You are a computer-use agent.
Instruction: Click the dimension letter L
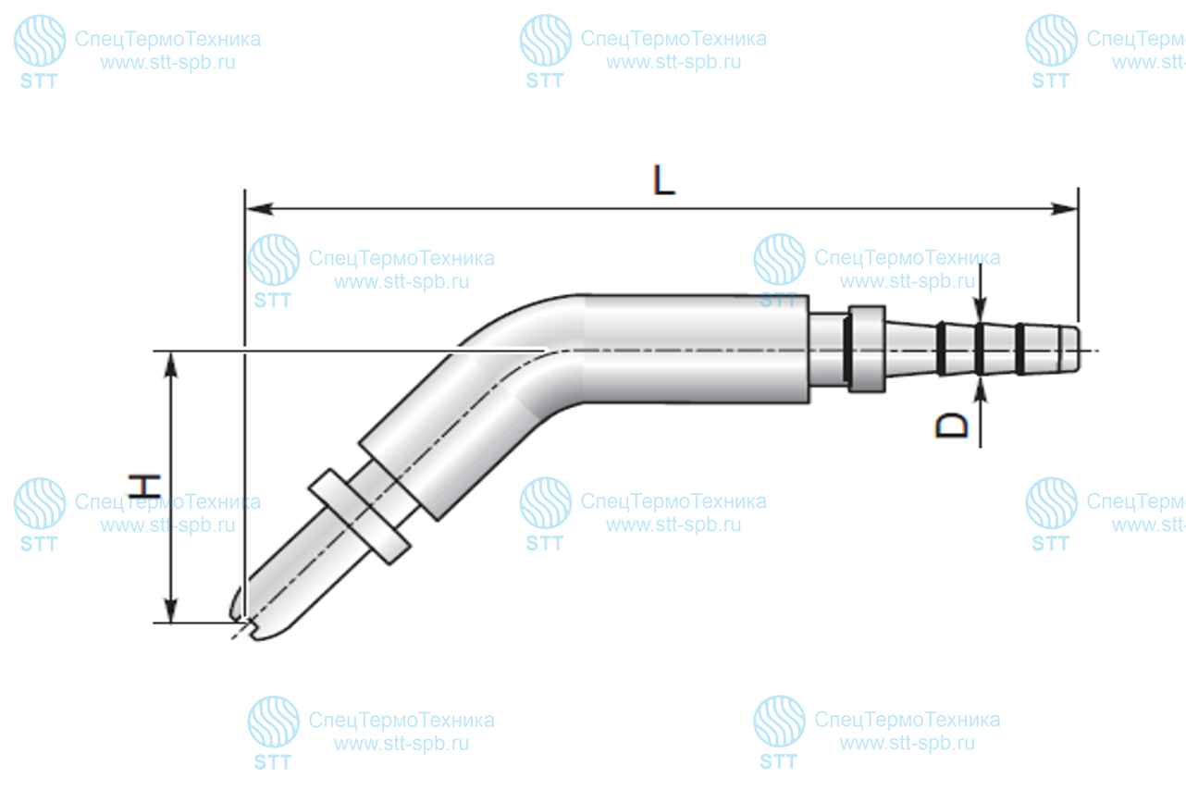tap(663, 180)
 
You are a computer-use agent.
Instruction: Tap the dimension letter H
tap(144, 487)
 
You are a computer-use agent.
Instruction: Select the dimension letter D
tap(951, 426)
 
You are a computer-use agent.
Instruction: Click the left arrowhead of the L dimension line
tap(259, 209)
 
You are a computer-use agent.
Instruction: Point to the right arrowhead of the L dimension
tap(1064, 209)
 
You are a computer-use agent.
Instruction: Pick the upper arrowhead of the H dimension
tap(170, 365)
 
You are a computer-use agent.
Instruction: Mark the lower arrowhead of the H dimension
tap(170, 609)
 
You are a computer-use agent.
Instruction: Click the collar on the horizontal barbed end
tap(867, 350)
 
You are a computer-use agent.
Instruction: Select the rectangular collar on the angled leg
tap(359, 516)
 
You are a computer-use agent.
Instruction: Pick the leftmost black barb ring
tap(941, 348)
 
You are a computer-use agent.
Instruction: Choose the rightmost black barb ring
tap(1019, 349)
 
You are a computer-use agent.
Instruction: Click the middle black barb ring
tap(980, 349)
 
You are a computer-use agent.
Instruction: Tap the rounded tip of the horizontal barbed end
tap(1070, 350)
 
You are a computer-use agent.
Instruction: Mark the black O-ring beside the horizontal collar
tap(847, 350)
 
